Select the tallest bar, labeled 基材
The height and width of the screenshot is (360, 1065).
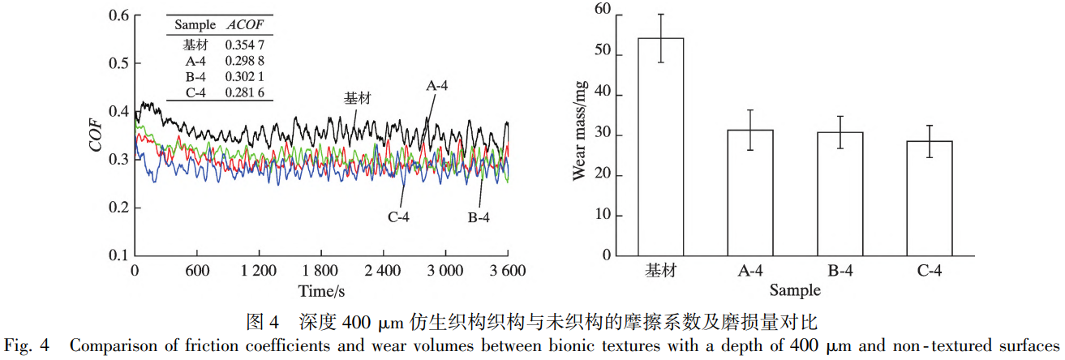pos(660,147)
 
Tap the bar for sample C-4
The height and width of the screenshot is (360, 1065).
pos(930,199)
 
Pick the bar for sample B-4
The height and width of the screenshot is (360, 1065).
pos(840,194)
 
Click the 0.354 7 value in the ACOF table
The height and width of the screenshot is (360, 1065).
pos(244,45)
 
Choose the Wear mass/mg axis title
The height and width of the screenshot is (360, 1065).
pos(581,134)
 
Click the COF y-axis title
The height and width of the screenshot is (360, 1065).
pos(96,135)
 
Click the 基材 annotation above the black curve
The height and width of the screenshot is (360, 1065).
pos(358,98)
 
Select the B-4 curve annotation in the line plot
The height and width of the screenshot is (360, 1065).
pos(479,217)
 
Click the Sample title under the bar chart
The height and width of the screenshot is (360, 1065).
pos(795,289)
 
